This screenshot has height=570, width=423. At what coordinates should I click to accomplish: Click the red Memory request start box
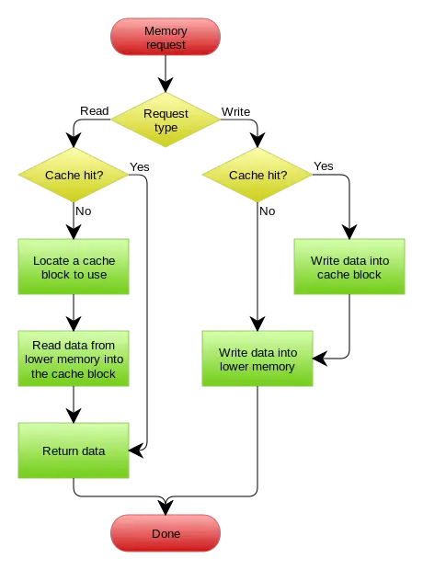[x=166, y=38]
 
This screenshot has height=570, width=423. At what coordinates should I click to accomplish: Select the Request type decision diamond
[x=166, y=120]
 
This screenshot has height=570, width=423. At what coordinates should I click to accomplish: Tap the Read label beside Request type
[x=94, y=111]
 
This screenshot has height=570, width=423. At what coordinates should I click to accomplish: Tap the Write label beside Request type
[x=235, y=111]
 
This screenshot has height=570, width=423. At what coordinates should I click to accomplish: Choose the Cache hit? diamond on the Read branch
[x=74, y=175]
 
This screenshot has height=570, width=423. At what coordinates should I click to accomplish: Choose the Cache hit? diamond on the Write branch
[x=258, y=175]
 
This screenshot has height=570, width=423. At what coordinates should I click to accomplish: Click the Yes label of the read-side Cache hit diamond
[x=140, y=167]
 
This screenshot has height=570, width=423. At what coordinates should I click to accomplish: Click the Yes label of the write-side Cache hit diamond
[x=324, y=166]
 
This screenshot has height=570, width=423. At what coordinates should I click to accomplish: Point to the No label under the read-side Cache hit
[x=83, y=211]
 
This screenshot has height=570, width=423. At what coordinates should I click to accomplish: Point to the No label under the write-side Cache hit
[x=267, y=211]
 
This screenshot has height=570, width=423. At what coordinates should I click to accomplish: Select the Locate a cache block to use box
[x=74, y=268]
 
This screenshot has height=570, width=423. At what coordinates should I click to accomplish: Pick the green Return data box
[x=74, y=451]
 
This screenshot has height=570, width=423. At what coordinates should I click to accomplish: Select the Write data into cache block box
[x=349, y=268]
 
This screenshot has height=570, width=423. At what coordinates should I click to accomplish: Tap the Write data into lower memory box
[x=257, y=359]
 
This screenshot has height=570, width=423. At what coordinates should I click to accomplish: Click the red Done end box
[x=166, y=534]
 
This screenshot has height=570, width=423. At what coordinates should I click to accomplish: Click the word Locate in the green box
[x=51, y=261]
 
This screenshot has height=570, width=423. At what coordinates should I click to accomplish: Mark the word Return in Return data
[x=60, y=451]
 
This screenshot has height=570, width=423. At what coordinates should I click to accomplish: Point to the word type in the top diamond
[x=166, y=128]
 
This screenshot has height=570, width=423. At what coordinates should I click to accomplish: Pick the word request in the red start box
[x=166, y=44]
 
